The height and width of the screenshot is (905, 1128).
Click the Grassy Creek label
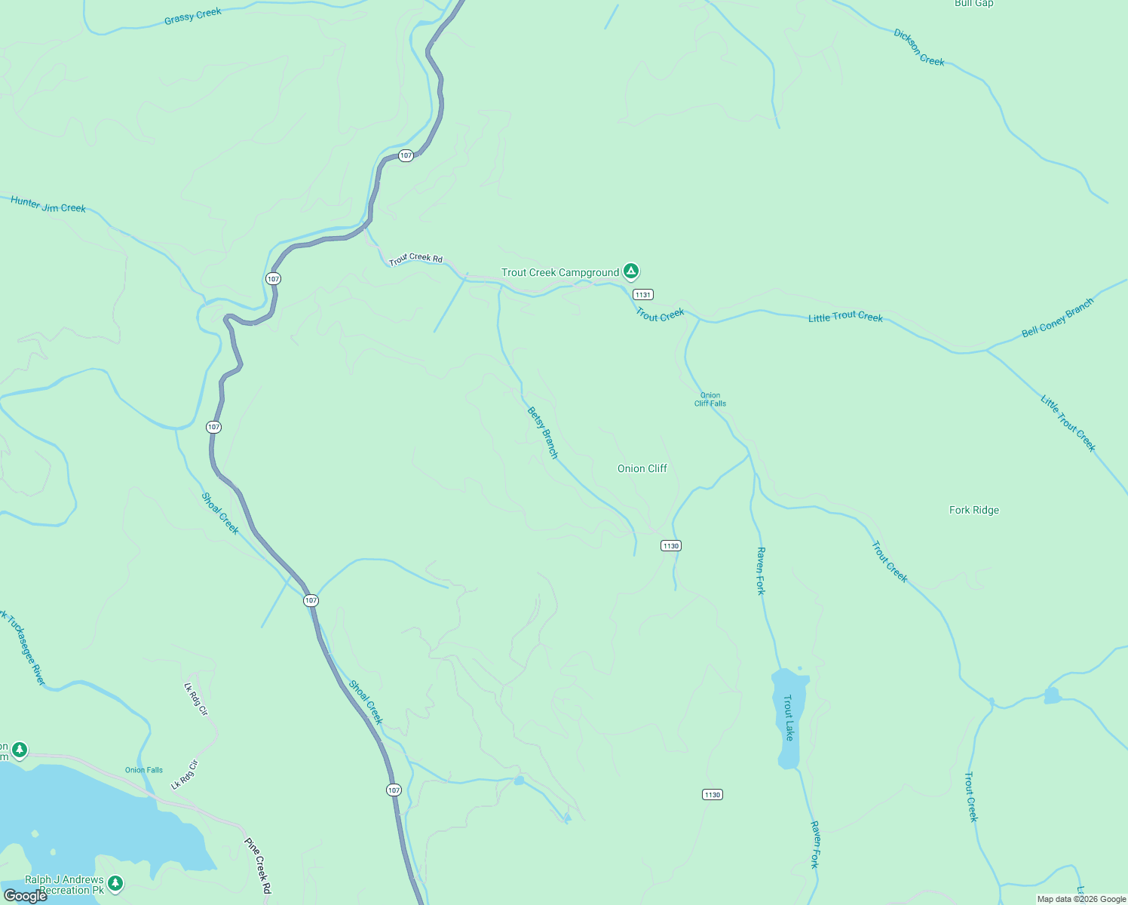pos(193,16)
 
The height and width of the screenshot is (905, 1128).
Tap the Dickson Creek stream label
pos(918,48)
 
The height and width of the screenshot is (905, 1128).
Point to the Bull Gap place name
pos(973,4)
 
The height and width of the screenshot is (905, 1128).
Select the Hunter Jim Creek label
pos(48,204)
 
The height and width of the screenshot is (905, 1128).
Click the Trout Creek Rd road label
pos(415,259)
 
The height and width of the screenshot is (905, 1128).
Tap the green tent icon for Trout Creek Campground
pos(631,271)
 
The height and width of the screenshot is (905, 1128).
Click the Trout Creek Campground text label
pos(560,272)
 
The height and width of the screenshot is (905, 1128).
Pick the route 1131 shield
pos(642,295)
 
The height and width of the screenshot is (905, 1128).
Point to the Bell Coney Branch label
pos(1057,318)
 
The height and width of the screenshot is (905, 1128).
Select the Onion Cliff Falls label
pos(710,399)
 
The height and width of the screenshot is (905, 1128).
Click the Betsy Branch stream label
pos(542,433)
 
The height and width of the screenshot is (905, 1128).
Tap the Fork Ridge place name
pos(974,511)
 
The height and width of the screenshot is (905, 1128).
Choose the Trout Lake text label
pos(789,717)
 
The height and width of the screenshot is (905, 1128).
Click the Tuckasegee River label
pos(25,648)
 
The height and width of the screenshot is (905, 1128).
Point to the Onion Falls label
pos(144,770)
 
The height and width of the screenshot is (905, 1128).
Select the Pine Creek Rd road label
pos(257,866)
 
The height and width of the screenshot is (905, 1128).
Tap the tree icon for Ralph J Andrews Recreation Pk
pos(115,882)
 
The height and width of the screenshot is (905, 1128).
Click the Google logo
pos(25,896)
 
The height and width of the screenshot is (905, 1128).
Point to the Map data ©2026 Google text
pos(1081,899)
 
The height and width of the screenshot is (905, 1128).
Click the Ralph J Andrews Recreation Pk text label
pos(64,885)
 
